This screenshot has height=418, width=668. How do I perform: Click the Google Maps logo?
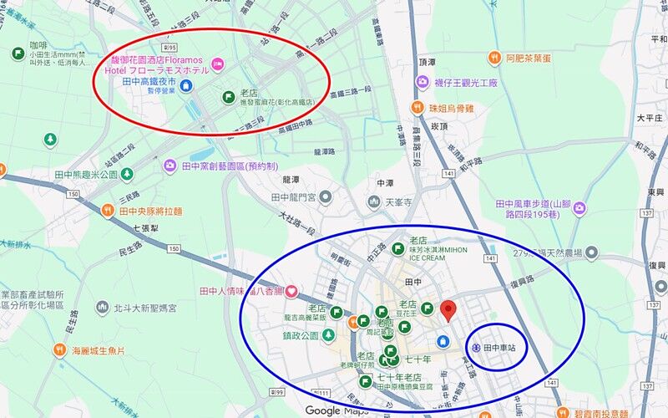point(336,410)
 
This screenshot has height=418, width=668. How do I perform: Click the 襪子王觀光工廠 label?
point(464,83)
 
